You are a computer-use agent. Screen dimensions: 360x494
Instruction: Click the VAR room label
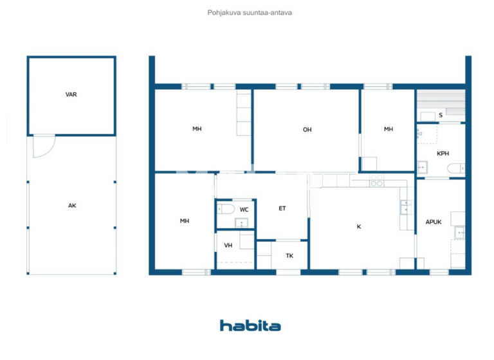point(71,94)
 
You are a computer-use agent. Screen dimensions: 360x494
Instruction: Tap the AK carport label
point(71,206)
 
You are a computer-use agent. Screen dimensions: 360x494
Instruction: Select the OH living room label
point(307,130)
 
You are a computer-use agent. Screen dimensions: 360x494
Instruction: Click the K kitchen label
point(359,226)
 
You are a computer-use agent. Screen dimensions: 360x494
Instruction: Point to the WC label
point(244,210)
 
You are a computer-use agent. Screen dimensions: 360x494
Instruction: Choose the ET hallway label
point(282,208)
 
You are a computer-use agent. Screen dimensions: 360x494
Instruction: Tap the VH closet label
point(228,246)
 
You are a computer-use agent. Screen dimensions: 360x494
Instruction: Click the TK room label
point(289,256)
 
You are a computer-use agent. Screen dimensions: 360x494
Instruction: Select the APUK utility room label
point(434,222)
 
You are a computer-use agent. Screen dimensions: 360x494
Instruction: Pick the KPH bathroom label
point(443,154)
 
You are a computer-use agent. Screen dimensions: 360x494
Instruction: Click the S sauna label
point(441,116)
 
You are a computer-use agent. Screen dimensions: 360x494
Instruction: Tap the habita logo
point(250,325)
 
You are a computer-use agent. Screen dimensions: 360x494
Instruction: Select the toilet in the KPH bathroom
point(455,169)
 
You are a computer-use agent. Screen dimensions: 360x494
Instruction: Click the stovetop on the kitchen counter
point(376,183)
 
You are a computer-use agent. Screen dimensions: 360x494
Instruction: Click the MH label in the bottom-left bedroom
point(185,221)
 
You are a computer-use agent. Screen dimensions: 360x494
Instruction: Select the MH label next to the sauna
point(389,129)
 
